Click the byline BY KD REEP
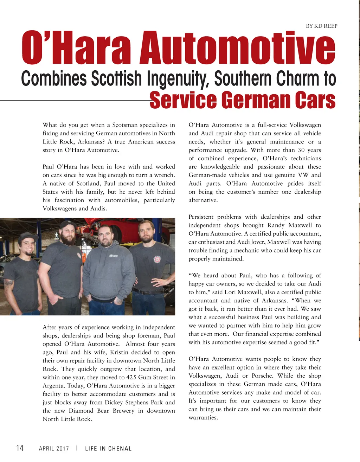click(321, 26)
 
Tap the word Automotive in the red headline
click(237, 48)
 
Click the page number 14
click(20, 448)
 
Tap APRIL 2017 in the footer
click(54, 449)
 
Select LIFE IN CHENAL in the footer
click(108, 449)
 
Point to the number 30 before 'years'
click(301, 150)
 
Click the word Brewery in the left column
click(123, 411)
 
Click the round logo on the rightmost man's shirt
click(157, 259)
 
